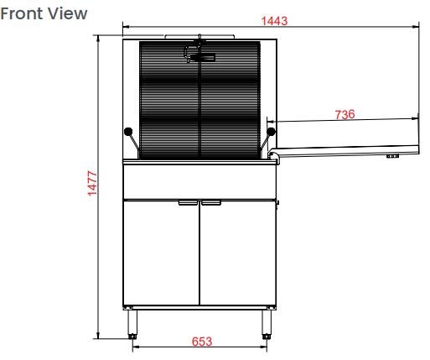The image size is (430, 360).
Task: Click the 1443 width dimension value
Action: (x=274, y=21)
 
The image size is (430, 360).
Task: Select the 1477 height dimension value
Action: (x=92, y=183)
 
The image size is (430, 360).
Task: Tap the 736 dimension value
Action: (x=345, y=114)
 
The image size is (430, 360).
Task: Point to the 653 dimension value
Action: (x=202, y=342)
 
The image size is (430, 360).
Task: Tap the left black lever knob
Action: (x=128, y=131)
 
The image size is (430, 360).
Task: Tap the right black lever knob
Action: (x=271, y=131)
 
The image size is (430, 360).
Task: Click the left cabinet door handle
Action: (x=188, y=203)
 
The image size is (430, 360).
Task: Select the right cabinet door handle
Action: (x=211, y=203)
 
